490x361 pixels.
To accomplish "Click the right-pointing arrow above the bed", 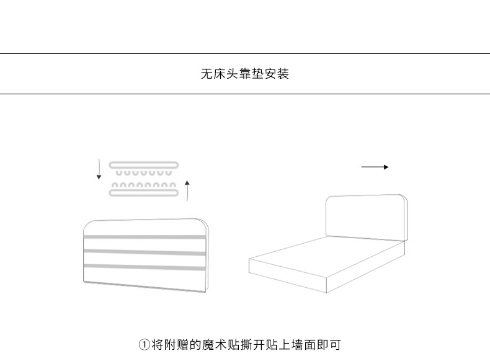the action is (375, 167).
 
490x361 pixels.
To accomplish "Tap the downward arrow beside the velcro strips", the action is (99, 169).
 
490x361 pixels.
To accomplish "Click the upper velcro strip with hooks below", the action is (144, 165).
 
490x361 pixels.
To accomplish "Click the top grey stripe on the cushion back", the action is (144, 237).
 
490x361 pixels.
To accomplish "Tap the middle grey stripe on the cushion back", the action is (144, 252).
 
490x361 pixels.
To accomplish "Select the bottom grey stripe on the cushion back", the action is (144, 267).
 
